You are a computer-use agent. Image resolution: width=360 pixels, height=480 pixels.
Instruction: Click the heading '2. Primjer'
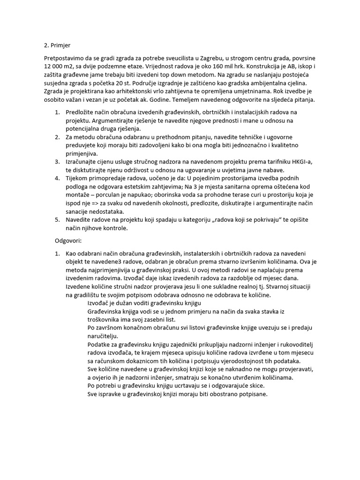coord(57,45)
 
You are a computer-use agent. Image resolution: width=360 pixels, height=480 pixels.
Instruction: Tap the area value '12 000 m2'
coord(57,67)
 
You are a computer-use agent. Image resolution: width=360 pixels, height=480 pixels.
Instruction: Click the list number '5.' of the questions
coord(57,220)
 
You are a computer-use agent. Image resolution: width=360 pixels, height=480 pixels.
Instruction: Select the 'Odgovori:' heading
coord(68,240)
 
